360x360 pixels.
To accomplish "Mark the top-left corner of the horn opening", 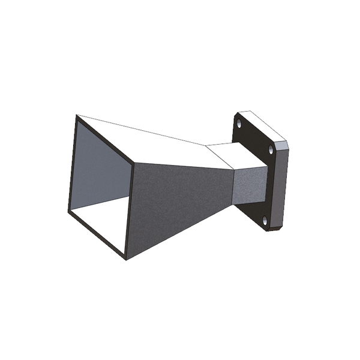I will [x=77, y=115].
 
